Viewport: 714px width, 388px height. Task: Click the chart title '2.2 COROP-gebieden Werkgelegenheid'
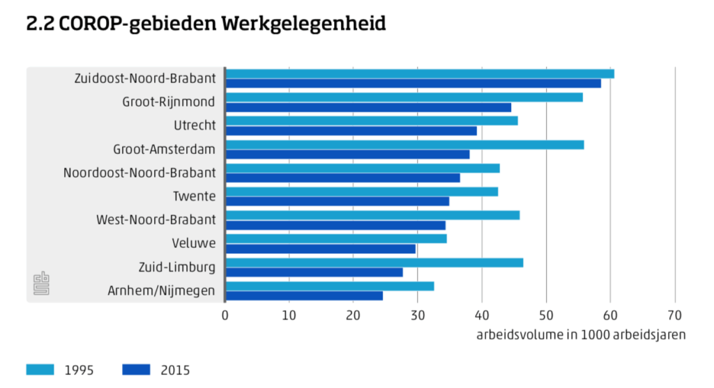tap(205, 24)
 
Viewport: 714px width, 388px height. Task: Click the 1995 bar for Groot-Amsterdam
tap(405, 145)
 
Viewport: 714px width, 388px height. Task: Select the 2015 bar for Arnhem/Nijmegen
tap(304, 295)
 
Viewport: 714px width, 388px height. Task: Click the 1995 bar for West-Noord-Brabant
tap(372, 215)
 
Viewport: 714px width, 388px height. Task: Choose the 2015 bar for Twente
tap(337, 201)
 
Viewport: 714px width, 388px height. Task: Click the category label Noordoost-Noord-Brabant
tap(139, 173)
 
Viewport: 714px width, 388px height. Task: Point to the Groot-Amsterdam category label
tap(165, 149)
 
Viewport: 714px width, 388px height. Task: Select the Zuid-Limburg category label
tap(177, 267)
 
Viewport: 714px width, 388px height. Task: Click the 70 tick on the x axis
tap(674, 315)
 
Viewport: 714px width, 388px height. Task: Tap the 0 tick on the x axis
tap(225, 315)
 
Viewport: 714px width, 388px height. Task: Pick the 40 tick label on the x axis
tap(481, 315)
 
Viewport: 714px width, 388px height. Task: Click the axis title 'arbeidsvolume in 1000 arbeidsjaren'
tap(581, 335)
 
